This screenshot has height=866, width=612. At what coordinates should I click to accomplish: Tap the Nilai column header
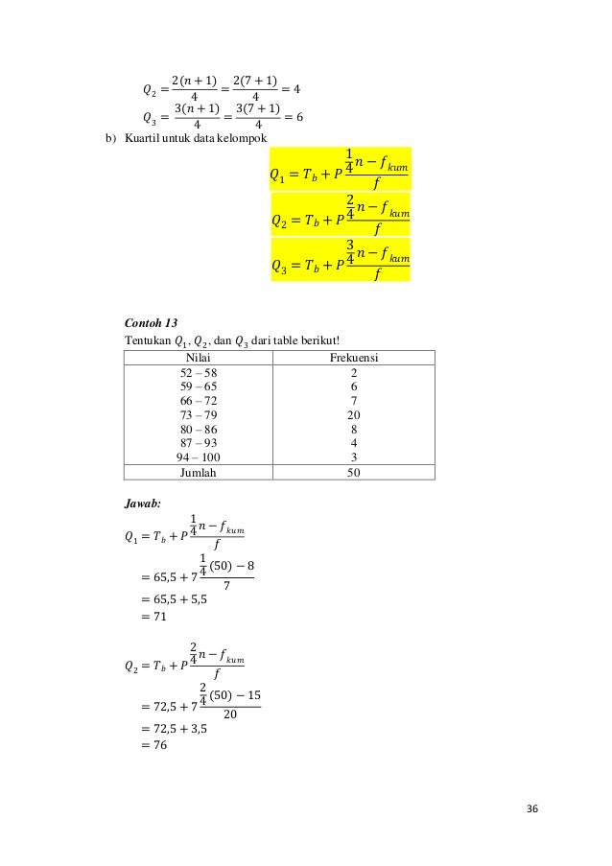click(x=199, y=356)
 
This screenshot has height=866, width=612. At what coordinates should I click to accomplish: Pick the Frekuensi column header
click(x=354, y=356)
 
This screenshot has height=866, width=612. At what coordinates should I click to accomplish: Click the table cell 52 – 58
click(x=199, y=371)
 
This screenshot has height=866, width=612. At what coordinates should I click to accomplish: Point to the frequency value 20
click(x=354, y=415)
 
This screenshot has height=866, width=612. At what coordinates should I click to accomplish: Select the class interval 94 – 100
click(x=199, y=457)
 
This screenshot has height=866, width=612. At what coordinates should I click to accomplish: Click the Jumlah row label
click(x=199, y=473)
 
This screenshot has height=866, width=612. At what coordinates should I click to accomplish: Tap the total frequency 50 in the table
click(x=354, y=473)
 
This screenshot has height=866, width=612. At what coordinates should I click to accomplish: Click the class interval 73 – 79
click(x=199, y=415)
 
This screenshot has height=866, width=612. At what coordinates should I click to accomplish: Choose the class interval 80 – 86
click(x=199, y=430)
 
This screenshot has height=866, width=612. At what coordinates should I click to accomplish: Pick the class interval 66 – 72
click(x=199, y=401)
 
